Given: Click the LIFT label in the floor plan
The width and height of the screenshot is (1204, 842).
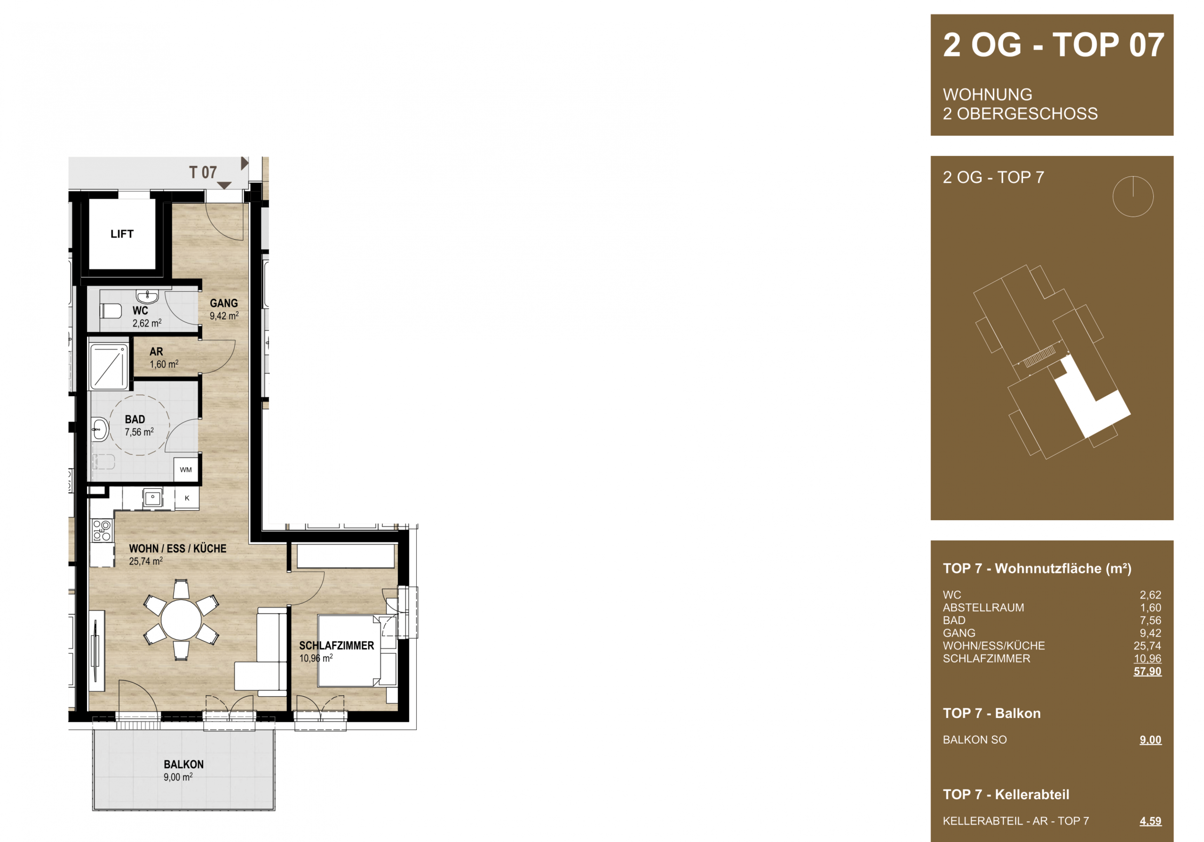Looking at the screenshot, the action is [x=122, y=234].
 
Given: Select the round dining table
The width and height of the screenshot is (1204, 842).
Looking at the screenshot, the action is [x=181, y=620].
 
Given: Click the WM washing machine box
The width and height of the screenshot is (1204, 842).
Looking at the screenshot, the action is [x=186, y=470].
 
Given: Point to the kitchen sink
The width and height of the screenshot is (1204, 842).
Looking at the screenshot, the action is [x=152, y=498].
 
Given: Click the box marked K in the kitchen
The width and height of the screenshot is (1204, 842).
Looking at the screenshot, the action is [x=187, y=498].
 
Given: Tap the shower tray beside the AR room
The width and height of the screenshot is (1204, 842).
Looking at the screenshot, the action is [x=109, y=366].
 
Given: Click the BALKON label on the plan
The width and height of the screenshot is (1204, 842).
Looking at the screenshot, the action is [x=183, y=764].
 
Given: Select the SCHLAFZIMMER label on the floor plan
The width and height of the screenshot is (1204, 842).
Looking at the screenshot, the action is [x=337, y=646].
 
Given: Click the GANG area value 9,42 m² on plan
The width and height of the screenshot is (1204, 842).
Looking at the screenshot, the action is [x=224, y=316].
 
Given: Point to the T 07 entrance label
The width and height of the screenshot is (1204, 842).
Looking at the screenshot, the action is [x=203, y=172].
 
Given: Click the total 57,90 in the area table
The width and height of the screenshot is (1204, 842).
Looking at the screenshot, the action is [x=1148, y=671].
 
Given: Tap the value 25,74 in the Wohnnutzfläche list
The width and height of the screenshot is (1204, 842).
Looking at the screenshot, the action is [x=1148, y=646].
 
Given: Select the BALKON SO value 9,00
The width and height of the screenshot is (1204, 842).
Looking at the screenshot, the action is [x=1150, y=740].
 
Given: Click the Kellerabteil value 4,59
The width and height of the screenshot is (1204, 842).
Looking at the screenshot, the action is [x=1150, y=821].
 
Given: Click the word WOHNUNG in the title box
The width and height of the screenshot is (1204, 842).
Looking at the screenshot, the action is [x=988, y=95].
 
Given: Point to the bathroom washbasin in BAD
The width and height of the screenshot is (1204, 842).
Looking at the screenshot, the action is [x=100, y=429].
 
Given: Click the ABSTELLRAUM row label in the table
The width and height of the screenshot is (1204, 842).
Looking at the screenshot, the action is [x=983, y=608].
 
